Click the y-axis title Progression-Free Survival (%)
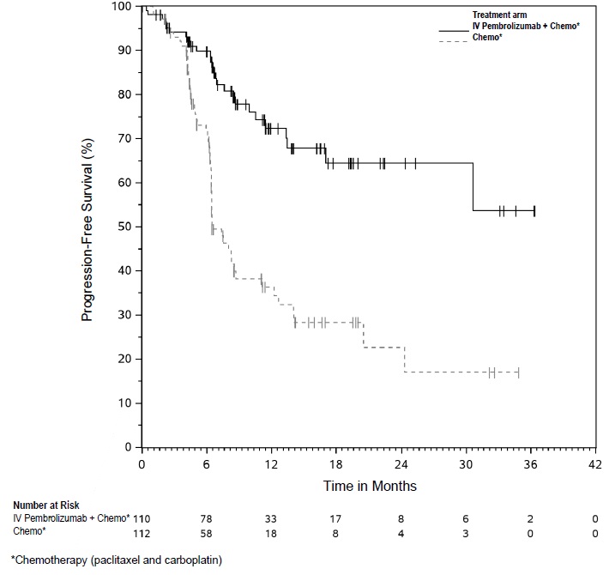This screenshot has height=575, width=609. (x=87, y=227)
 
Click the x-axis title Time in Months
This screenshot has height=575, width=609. (x=370, y=486)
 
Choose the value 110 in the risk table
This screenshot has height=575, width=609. (x=142, y=518)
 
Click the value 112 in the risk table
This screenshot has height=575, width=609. (x=142, y=532)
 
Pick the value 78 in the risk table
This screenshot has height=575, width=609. (x=207, y=518)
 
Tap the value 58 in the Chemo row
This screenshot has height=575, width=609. (x=207, y=532)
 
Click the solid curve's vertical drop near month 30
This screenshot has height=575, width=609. (x=473, y=187)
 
